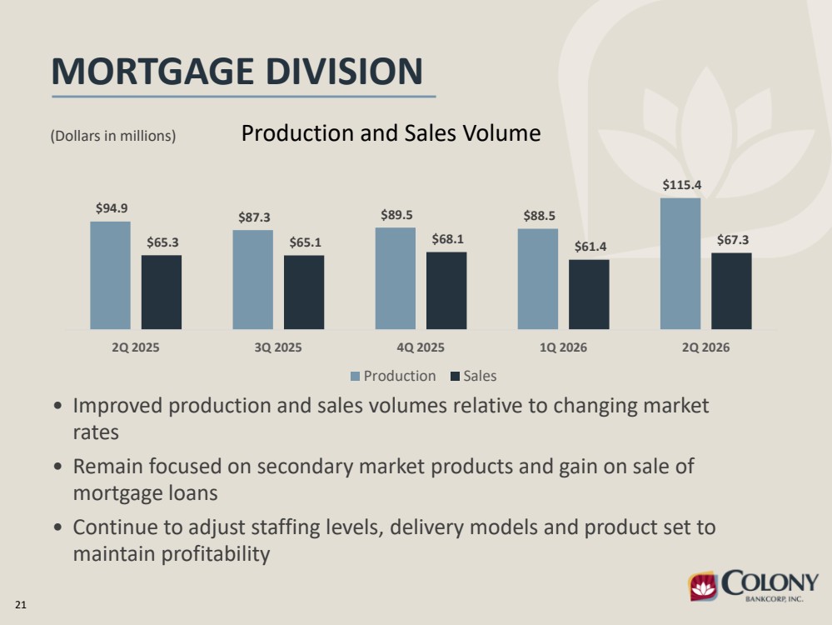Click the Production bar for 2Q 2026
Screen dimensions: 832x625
pyautogui.click(x=680, y=264)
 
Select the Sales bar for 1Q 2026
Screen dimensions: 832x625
pyautogui.click(x=589, y=295)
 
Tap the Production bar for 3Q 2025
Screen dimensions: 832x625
pyautogui.click(x=252, y=280)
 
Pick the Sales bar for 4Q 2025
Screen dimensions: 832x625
pyautogui.click(x=446, y=291)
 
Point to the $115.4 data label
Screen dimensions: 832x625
pyautogui.click(x=682, y=185)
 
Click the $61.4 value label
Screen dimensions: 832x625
pyautogui.click(x=590, y=247)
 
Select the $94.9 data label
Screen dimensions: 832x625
pyautogui.click(x=112, y=208)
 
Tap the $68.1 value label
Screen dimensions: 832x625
pyautogui.click(x=448, y=239)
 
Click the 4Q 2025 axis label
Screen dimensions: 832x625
pyautogui.click(x=421, y=347)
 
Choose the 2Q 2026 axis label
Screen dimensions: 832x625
pyautogui.click(x=705, y=347)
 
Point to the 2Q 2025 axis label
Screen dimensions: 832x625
pyautogui.click(x=135, y=347)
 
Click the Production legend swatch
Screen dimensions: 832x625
pyautogui.click(x=355, y=377)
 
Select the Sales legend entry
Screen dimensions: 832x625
pyautogui.click(x=473, y=376)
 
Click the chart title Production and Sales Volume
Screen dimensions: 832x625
pyautogui.click(x=391, y=132)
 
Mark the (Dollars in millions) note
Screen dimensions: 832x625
pyautogui.click(x=113, y=136)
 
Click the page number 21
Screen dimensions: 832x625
pyautogui.click(x=21, y=605)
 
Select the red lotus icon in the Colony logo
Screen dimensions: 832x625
pyautogui.click(x=704, y=587)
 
